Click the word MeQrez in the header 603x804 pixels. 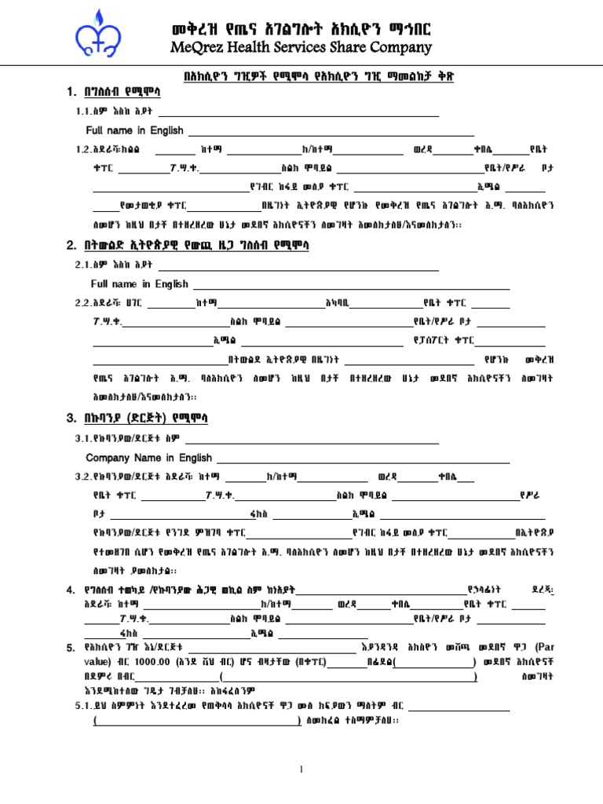tap(200, 48)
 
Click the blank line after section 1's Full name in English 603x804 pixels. tap(330, 132)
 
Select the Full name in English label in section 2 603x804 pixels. tap(140, 284)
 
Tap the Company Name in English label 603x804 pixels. tap(148, 458)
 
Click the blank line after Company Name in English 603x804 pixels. tap(363, 459)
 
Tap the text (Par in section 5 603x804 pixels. tap(544, 647)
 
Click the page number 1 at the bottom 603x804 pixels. tap(301, 769)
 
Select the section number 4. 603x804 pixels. tap(71, 589)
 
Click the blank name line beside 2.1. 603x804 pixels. tap(298, 266)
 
